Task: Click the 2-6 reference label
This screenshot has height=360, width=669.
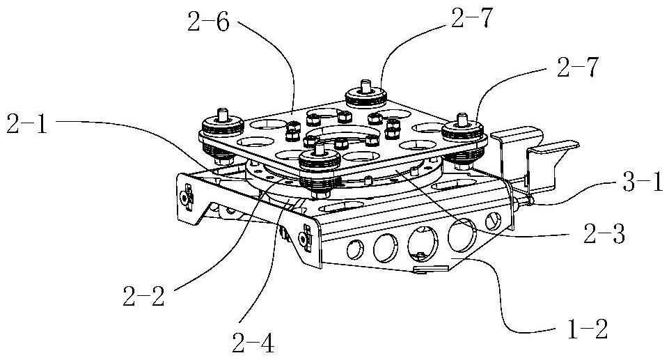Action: [x=208, y=22]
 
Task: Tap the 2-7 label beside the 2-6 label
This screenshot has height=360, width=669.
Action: [x=472, y=18]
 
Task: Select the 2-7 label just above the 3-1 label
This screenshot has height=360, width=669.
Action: [x=578, y=68]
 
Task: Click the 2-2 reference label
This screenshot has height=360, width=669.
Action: [x=144, y=295]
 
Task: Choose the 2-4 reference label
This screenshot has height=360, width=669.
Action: [x=253, y=342]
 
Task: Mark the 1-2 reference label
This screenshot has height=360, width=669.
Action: [x=587, y=329]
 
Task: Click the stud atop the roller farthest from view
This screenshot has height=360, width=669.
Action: [x=365, y=86]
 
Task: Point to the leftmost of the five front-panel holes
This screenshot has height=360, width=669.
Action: [x=355, y=249]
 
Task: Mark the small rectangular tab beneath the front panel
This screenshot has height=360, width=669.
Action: [x=431, y=269]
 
